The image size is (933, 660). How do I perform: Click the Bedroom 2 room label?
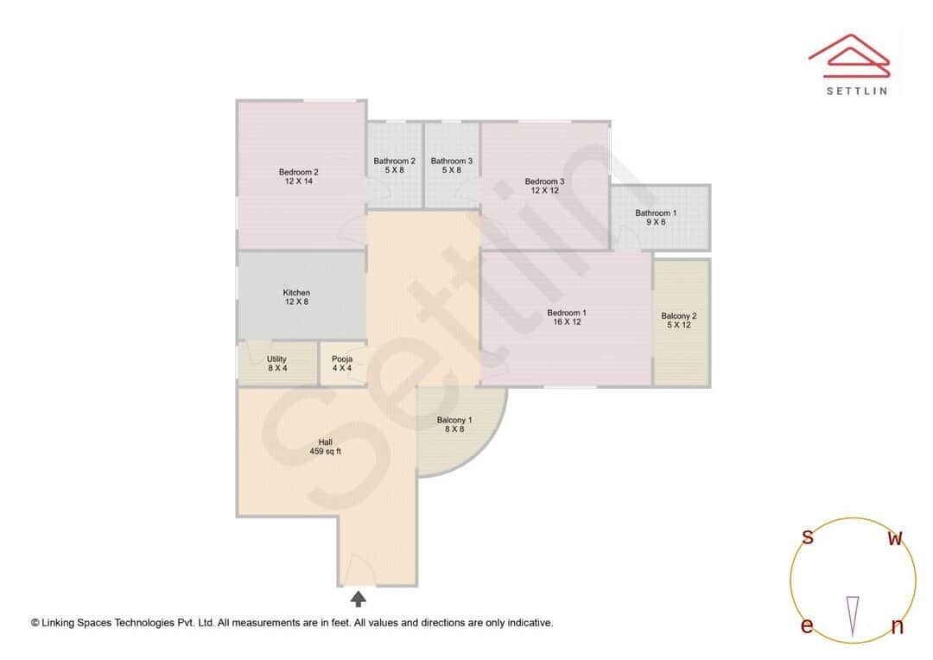[x=298, y=172]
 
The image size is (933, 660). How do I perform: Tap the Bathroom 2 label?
[x=394, y=161]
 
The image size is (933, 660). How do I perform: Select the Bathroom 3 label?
[x=452, y=161]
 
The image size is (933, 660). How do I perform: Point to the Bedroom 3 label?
[x=544, y=181]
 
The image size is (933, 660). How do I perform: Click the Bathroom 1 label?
[x=656, y=213]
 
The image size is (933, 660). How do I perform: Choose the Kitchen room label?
[x=296, y=293]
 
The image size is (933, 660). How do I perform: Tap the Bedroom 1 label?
[x=567, y=313]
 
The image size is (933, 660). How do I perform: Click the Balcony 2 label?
[x=679, y=316]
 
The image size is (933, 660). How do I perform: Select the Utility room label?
[x=276, y=359]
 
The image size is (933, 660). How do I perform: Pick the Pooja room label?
[x=342, y=359]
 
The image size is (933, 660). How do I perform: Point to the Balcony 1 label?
[x=454, y=420]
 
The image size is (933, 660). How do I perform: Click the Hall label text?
[x=325, y=441]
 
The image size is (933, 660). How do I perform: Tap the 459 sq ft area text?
[x=325, y=451]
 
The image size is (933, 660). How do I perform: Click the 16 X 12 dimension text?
[x=567, y=322]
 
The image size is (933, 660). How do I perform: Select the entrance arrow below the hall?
[x=358, y=598]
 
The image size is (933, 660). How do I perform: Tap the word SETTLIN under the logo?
[x=856, y=91]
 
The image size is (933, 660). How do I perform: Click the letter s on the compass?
[x=808, y=537]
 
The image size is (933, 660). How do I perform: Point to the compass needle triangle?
[x=853, y=616]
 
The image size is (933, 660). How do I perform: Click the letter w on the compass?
[x=896, y=539]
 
